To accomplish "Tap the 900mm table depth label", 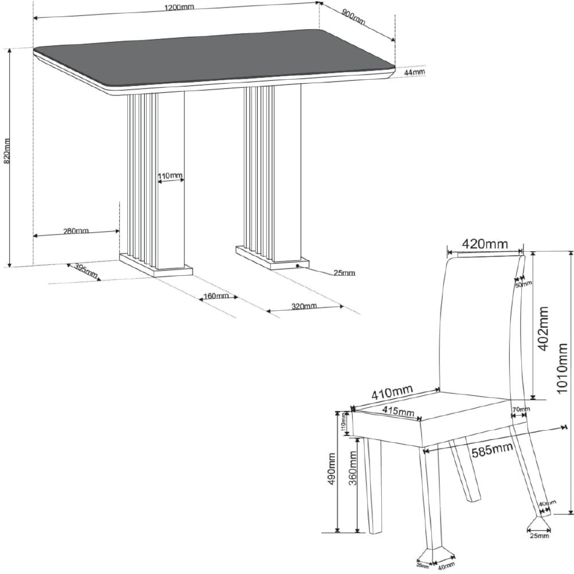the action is [354, 17].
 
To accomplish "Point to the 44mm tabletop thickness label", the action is [415, 72].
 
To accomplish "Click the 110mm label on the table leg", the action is [170, 175].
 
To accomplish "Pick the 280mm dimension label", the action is [76, 231].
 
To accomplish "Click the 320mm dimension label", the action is [304, 306].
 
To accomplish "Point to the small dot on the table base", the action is [298, 265].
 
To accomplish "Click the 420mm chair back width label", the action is [485, 244].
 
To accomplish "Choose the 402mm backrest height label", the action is [544, 329].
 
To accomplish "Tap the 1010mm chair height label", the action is [561, 368].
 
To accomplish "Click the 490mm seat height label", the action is [332, 469].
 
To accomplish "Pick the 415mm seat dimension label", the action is [399, 412].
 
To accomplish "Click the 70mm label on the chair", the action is [521, 409].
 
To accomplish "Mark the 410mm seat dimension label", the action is [392, 392].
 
